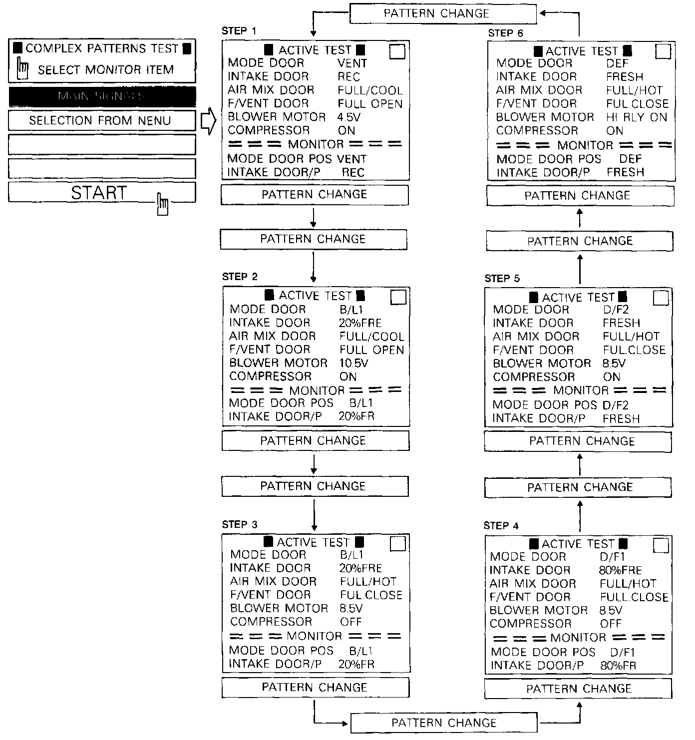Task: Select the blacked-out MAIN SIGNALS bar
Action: click(102, 96)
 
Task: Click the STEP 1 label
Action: click(239, 31)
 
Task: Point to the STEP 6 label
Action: click(505, 33)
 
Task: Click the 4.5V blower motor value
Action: click(349, 117)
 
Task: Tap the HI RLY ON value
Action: click(636, 117)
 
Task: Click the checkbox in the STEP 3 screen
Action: click(398, 544)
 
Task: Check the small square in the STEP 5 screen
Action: click(661, 298)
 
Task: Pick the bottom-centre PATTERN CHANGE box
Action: click(444, 723)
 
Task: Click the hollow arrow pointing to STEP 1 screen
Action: click(208, 121)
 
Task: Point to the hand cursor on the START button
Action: click(163, 204)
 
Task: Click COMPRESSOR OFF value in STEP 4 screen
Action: click(611, 624)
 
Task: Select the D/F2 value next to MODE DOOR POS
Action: click(615, 405)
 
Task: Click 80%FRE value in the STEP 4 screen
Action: click(620, 570)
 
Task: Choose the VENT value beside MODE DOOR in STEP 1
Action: click(352, 63)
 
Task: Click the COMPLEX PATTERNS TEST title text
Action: click(102, 48)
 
